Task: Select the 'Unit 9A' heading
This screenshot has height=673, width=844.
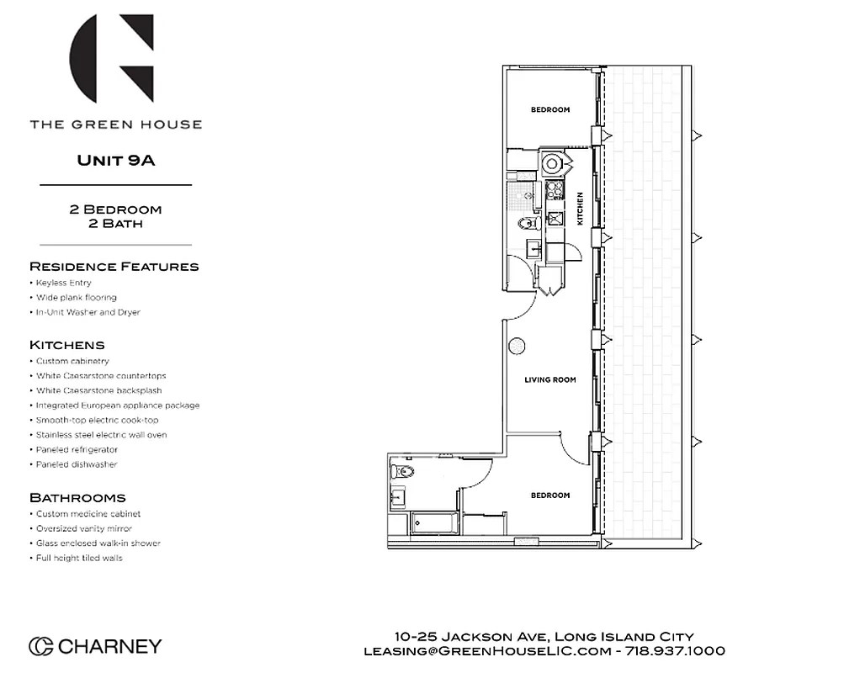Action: [116, 160]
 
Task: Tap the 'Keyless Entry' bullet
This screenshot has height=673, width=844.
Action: [64, 283]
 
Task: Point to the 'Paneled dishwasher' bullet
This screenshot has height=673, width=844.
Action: [77, 464]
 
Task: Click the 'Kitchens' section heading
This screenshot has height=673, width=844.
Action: [67, 345]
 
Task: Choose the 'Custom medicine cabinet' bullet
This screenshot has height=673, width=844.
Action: [88, 514]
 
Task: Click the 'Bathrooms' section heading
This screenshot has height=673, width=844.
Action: [77, 498]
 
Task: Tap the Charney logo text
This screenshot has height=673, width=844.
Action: [109, 646]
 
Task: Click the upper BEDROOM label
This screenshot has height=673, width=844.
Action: [550, 110]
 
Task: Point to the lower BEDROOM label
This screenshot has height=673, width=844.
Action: [550, 495]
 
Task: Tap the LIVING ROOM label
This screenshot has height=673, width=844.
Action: [550, 380]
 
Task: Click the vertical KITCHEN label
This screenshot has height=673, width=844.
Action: [580, 208]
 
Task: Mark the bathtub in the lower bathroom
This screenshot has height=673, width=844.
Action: [435, 523]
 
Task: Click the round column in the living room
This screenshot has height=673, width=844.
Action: [517, 346]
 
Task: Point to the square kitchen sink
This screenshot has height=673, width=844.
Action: [555, 218]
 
